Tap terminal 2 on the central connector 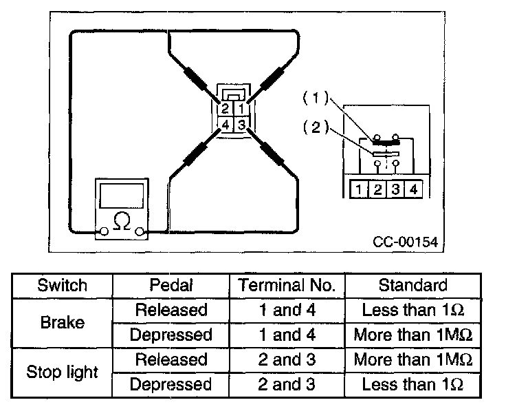pos(225,109)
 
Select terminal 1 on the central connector pos(241,109)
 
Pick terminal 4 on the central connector pos(225,125)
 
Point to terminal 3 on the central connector pos(241,125)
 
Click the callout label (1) pos(313,99)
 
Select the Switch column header pos(62,285)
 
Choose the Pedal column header pos(171,285)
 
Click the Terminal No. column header pos(288,285)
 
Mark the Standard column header pos(412,285)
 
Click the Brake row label pos(62,322)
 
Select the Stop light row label pos(62,372)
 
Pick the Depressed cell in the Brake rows pos(171,335)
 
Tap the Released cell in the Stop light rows pos(171,359)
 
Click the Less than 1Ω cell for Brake pos(412,310)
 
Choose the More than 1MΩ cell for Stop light pos(412,359)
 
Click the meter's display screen pos(121,196)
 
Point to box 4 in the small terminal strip pos(412,188)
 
